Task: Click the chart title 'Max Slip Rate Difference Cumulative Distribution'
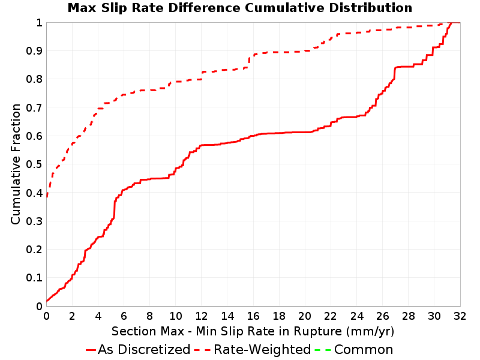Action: click(240, 8)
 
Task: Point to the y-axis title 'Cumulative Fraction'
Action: click(16, 164)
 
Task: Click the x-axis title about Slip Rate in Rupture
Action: click(253, 331)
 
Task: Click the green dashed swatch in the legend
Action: click(323, 350)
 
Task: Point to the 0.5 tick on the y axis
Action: click(34, 164)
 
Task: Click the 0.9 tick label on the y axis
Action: click(34, 51)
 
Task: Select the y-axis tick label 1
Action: click(39, 23)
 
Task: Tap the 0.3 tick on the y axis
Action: click(34, 221)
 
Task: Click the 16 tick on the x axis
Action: click(253, 316)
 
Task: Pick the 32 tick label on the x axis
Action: click(460, 316)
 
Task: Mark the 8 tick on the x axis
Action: click(149, 316)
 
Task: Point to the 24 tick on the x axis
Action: click(356, 316)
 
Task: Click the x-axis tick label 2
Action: click(72, 316)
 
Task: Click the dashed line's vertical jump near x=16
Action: click(249, 61)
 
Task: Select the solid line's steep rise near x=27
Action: click(395, 73)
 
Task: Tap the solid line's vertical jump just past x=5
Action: click(115, 209)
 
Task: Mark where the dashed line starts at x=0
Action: click(47, 196)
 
